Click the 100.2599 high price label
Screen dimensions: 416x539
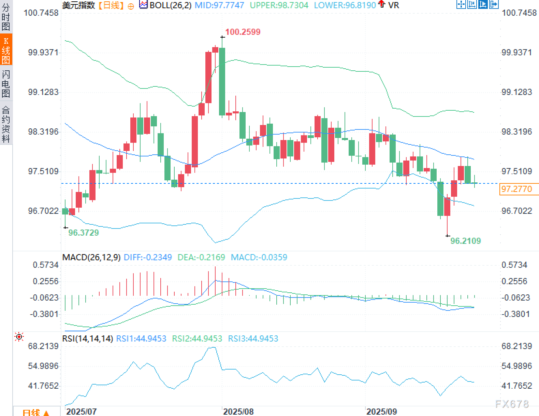(x=243, y=32)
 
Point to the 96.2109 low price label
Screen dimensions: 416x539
(x=465, y=241)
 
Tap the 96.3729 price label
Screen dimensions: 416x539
(x=84, y=233)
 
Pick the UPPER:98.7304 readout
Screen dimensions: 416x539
(x=279, y=5)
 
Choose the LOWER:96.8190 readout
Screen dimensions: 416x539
(x=345, y=5)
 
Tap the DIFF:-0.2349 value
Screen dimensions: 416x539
(x=148, y=258)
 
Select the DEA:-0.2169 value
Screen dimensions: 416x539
(x=201, y=258)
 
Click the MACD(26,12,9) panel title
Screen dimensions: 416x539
(x=91, y=258)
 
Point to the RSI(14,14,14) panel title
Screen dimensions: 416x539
(x=87, y=339)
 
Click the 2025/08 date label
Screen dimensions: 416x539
(x=238, y=412)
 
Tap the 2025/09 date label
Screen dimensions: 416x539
(x=381, y=412)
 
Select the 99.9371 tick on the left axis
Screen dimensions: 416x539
(x=43, y=53)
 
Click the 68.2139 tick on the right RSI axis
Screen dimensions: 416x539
(x=516, y=346)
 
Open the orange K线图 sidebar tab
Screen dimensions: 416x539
(x=6, y=50)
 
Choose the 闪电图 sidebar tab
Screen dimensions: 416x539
(x=6, y=84)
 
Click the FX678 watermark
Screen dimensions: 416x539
(x=512, y=404)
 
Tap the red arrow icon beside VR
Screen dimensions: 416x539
(x=382, y=4)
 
